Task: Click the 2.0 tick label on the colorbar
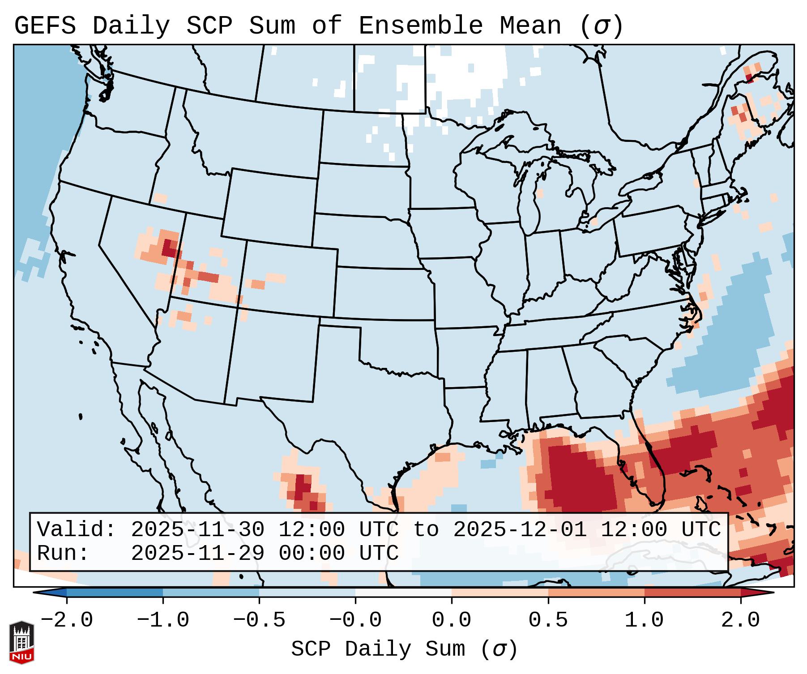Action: [x=740, y=620]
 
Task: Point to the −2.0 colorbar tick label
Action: [x=67, y=620]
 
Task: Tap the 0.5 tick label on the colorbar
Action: [x=548, y=620]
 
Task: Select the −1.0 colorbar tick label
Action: [x=163, y=620]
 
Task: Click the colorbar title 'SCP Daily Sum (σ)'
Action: [x=404, y=649]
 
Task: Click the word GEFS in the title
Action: [x=45, y=26]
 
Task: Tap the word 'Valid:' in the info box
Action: [x=76, y=529]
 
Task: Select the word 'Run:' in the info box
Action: [x=63, y=554]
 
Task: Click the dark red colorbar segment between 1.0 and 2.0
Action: [x=692, y=593]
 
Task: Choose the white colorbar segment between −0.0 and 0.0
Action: [x=403, y=593]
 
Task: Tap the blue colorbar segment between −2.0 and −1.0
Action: [x=115, y=593]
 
